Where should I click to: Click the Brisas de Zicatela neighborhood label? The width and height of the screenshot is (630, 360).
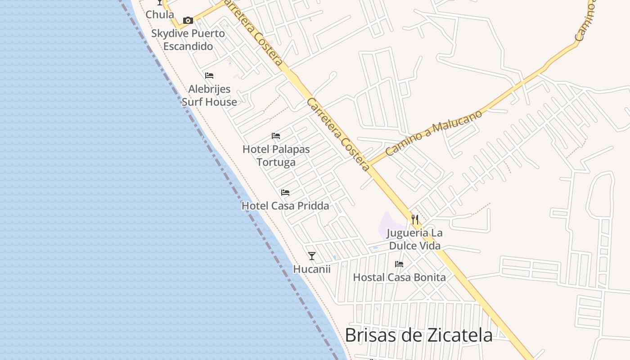click(418, 335)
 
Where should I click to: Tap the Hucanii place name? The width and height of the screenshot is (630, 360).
click(311, 269)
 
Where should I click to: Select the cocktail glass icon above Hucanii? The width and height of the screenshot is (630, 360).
click(311, 256)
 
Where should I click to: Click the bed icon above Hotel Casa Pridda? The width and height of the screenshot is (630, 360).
click(285, 193)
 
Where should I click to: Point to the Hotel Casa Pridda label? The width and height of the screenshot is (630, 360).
click(285, 206)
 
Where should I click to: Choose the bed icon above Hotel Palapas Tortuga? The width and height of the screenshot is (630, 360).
click(276, 136)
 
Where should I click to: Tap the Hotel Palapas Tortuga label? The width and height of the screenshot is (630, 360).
click(276, 155)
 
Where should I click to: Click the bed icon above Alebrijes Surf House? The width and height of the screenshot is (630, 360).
click(209, 76)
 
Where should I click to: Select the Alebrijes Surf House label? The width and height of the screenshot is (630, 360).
click(209, 95)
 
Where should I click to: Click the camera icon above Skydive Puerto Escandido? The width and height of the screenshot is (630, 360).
click(188, 20)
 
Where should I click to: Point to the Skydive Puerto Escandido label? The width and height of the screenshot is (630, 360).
click(188, 40)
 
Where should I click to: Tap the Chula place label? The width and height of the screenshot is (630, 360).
click(160, 14)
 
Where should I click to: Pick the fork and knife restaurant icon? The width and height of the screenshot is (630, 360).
click(415, 220)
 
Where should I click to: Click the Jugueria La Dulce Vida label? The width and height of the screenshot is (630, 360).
click(415, 239)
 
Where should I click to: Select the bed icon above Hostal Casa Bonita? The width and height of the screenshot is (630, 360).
click(399, 264)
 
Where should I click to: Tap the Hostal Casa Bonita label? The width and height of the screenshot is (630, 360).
click(399, 277)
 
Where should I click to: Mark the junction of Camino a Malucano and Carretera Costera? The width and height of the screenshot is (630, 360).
click(368, 164)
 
